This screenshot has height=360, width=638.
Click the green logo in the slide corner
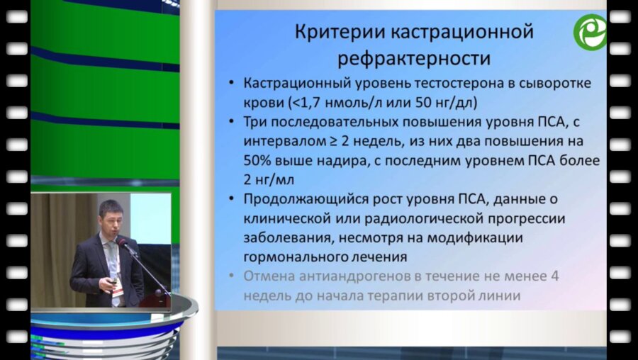click(x=590, y=32)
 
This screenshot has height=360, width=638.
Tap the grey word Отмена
click(x=267, y=277)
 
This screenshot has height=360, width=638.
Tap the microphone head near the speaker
click(x=122, y=244)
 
